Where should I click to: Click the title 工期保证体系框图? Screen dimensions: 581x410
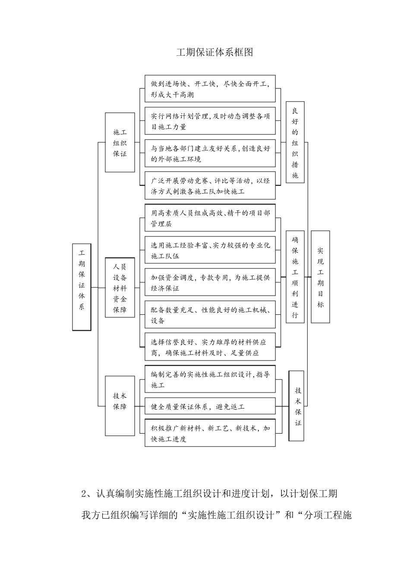(214, 52)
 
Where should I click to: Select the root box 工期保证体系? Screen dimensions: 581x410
(82, 287)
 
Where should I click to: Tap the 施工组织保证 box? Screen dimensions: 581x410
(120, 143)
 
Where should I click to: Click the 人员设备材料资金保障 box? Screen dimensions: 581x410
(120, 288)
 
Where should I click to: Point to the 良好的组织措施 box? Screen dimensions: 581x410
(295, 143)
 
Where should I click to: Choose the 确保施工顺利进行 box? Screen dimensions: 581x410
(295, 277)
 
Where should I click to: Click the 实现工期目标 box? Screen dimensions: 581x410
(320, 277)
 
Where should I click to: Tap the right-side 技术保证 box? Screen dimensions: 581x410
(298, 406)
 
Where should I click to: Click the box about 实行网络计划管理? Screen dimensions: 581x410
(210, 121)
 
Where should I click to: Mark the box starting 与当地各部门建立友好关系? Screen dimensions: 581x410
(210, 153)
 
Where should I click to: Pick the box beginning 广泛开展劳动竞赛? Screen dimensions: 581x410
(210, 186)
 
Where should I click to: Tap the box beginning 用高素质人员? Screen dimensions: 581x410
(210, 218)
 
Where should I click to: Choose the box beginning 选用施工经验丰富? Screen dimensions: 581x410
(210, 250)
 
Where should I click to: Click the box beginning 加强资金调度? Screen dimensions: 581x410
(210, 283)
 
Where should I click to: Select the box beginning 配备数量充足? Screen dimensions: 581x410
(210, 315)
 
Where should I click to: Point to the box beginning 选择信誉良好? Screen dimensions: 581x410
(210, 347)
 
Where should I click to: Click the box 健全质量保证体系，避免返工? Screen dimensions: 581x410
(210, 406)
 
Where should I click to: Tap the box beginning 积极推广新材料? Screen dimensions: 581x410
(210, 433)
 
